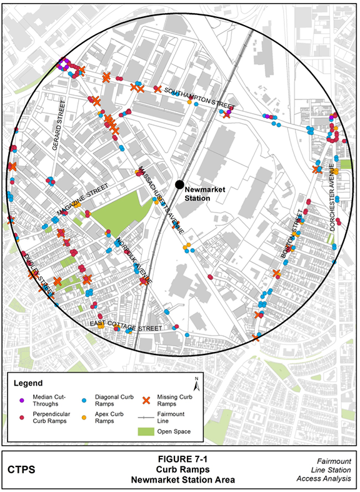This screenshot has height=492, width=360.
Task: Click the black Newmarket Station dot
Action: tap(179, 184)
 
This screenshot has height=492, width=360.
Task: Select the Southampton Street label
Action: tap(199, 98)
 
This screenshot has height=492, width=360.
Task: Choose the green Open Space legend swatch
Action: tap(147, 431)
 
